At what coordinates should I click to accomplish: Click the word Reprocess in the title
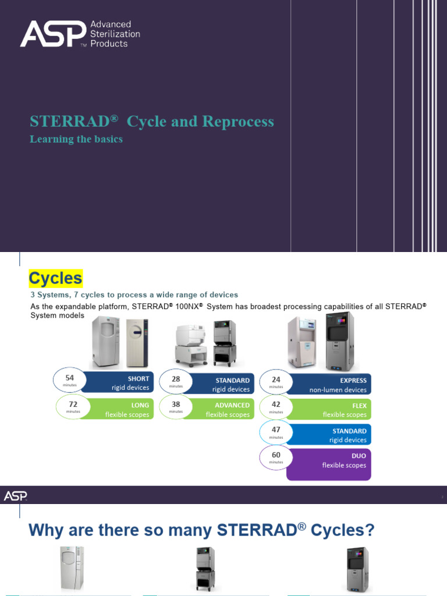(x=237, y=122)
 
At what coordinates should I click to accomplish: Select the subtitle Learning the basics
(x=76, y=140)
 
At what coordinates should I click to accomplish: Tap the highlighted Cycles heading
(x=56, y=278)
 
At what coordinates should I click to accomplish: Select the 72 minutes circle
(x=73, y=406)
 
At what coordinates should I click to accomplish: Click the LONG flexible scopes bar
(x=122, y=410)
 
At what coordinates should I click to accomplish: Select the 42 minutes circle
(x=276, y=407)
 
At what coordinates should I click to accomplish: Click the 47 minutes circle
(x=276, y=432)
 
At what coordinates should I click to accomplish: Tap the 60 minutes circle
(x=276, y=457)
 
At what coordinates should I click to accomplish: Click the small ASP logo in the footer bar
(x=15, y=496)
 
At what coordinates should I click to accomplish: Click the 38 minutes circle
(x=176, y=406)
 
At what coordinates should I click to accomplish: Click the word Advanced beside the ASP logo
(x=111, y=24)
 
